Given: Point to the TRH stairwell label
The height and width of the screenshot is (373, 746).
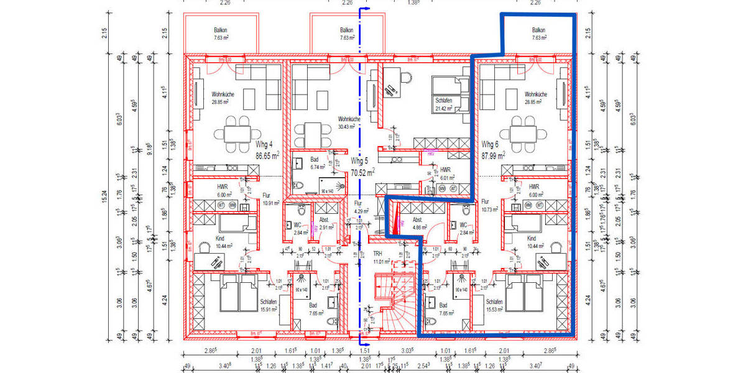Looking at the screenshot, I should [x=377, y=254].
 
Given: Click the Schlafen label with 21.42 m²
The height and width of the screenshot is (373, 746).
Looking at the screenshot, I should [x=444, y=101].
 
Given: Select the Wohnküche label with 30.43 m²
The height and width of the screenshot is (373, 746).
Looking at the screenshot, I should [x=349, y=119].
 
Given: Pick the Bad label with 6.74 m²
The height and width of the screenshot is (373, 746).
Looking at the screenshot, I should [x=314, y=160].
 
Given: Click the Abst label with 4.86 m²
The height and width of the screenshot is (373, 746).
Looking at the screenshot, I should [x=418, y=219].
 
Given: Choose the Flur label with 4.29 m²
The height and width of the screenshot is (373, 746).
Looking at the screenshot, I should [x=358, y=203].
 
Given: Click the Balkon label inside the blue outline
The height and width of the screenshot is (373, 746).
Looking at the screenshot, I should [x=538, y=30].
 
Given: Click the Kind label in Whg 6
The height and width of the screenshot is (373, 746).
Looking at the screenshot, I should [x=531, y=238].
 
